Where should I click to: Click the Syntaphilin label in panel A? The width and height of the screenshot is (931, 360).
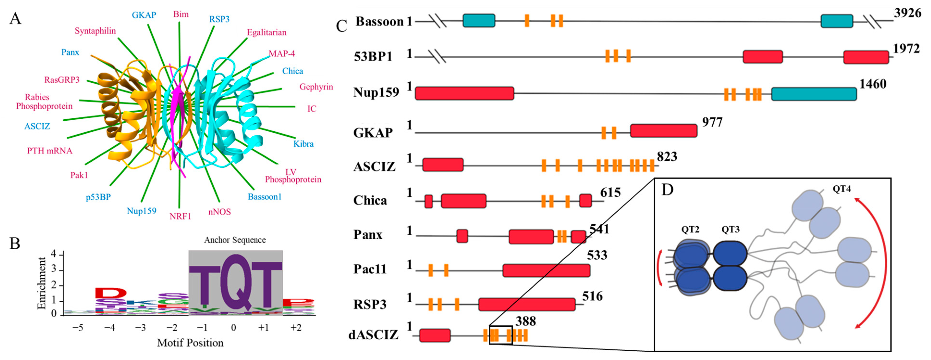(x=95, y=31)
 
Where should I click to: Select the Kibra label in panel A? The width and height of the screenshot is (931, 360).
(x=303, y=144)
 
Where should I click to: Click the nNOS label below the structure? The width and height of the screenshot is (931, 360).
(x=219, y=212)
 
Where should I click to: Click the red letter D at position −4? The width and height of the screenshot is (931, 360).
(x=111, y=293)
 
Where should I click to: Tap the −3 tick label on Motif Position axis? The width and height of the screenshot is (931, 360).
(x=140, y=328)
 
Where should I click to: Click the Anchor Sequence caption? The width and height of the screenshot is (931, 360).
(x=235, y=240)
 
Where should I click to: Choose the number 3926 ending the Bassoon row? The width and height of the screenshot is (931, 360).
(x=907, y=13)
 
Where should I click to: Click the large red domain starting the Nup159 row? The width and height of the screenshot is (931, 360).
(x=464, y=93)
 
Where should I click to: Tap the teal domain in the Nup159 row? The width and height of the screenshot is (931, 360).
(x=814, y=94)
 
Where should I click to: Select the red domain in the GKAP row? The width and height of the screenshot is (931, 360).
(x=663, y=130)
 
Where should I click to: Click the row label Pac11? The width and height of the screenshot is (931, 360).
(x=370, y=269)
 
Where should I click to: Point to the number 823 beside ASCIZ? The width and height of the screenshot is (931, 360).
(x=667, y=157)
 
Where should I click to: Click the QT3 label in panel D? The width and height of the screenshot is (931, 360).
(x=730, y=230)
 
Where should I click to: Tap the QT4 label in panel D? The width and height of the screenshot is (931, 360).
(x=841, y=189)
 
